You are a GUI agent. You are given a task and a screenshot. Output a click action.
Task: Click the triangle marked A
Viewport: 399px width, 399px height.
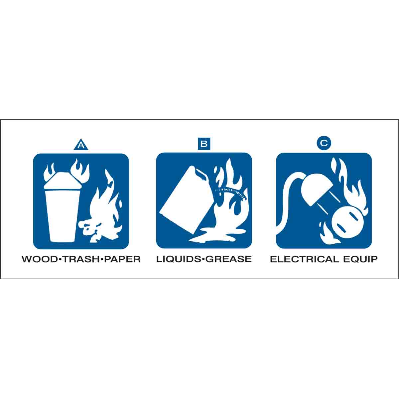(81, 145)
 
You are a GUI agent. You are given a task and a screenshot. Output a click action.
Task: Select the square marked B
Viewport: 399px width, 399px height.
(204, 143)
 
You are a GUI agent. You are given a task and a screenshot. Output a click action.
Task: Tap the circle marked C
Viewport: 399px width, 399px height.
(324, 143)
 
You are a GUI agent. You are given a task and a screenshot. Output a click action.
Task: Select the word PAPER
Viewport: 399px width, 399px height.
(122, 259)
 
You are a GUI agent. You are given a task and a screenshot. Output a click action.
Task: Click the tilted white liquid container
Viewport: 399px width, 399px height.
(184, 200)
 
